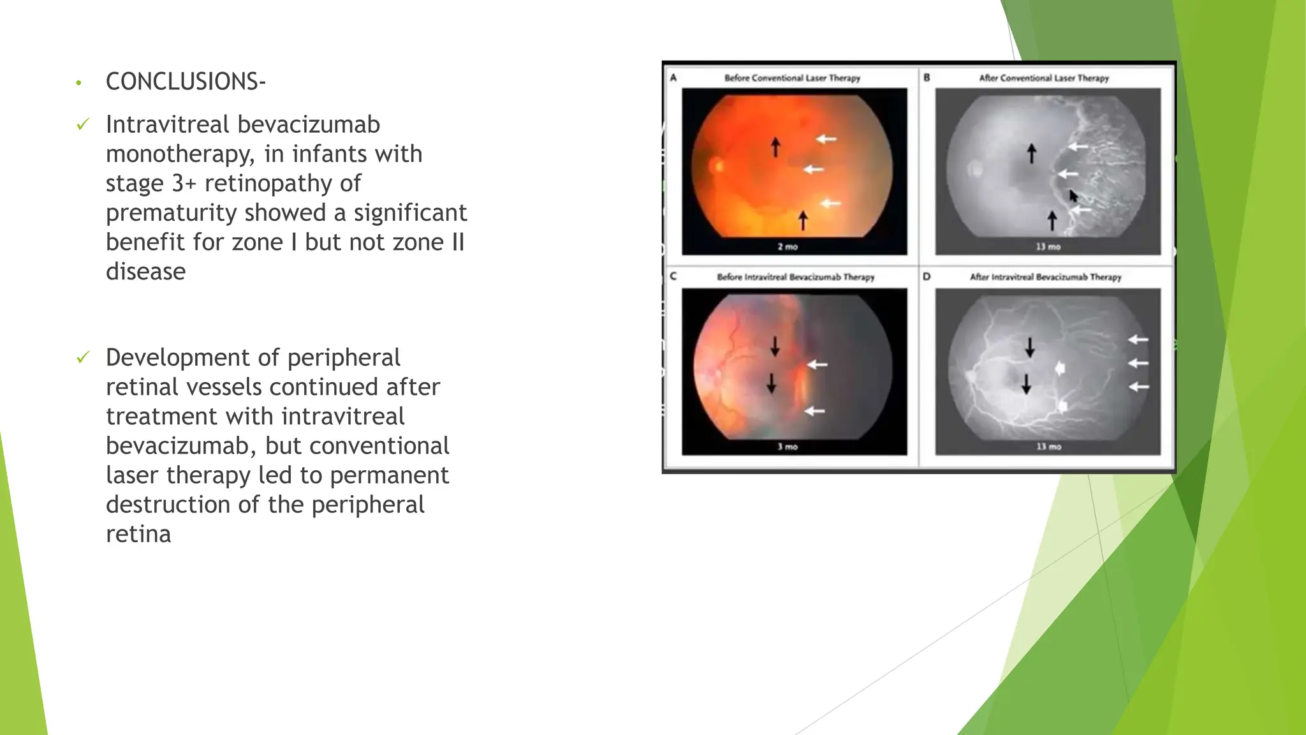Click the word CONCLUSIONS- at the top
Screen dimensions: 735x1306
186,82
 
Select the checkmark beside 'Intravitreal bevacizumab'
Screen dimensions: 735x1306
83,124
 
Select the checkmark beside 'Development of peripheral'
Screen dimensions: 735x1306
83,357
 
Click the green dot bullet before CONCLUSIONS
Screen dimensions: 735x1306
78,83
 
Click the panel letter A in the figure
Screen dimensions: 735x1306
673,78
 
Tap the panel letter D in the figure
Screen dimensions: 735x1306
927,277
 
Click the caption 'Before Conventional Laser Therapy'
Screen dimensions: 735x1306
792,78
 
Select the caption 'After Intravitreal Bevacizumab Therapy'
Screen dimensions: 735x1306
1045,277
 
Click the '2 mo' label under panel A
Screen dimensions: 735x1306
788,246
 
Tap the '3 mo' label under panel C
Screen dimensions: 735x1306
788,447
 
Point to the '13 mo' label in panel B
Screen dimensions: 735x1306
1048,246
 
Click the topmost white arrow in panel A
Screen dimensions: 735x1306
826,138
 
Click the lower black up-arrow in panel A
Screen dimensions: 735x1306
803,220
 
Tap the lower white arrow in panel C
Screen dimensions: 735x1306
814,411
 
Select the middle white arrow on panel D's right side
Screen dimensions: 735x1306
1138,363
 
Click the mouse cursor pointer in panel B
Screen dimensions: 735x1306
1073,196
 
